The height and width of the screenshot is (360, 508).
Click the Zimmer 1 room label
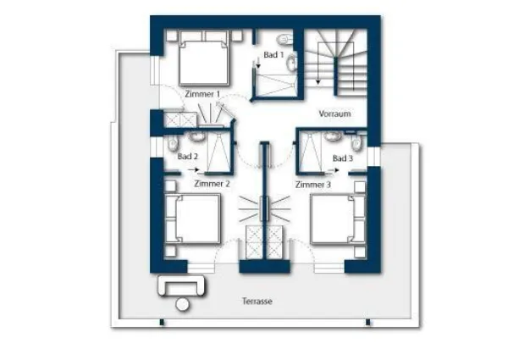point(202,94)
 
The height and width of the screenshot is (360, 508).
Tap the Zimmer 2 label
point(212,184)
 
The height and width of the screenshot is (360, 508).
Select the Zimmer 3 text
point(313,185)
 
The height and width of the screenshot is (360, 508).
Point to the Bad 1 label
point(273,55)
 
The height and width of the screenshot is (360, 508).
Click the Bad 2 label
point(188,157)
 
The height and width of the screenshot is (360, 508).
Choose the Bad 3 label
point(343,158)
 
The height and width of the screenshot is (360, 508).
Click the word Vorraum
point(334,114)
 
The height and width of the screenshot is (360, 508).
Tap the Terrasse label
point(257,302)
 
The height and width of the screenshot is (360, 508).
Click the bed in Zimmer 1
point(204,58)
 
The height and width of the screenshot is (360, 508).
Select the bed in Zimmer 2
point(193,219)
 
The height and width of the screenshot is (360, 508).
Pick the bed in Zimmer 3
point(338,219)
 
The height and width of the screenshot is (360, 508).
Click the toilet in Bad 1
point(284,40)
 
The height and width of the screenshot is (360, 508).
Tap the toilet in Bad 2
point(172,142)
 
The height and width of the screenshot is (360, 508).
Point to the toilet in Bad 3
point(356,142)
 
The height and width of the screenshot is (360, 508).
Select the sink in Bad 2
point(196,136)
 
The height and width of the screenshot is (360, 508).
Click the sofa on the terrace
point(181,285)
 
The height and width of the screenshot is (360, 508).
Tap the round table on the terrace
point(182,305)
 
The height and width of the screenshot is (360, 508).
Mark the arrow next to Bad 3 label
point(334,170)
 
